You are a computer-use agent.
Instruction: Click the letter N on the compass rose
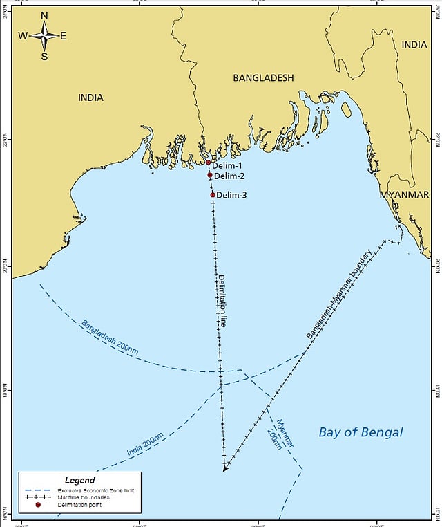[x=44, y=15]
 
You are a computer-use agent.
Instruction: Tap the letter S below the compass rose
[x=44, y=57]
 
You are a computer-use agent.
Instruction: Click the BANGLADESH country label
[x=263, y=78]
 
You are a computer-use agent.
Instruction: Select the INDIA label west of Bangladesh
[x=90, y=98]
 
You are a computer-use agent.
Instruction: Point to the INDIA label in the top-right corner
[x=414, y=44]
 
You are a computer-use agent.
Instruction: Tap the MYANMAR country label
[x=404, y=195]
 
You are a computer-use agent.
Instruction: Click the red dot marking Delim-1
[x=209, y=163]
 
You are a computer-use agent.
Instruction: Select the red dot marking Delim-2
[x=210, y=175]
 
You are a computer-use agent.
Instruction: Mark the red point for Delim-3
[x=213, y=195]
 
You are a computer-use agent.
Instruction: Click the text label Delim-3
[x=232, y=195]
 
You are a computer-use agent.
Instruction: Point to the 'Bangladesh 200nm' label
[x=109, y=337]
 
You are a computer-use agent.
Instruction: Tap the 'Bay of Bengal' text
[x=361, y=433]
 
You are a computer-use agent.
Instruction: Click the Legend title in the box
[x=79, y=480]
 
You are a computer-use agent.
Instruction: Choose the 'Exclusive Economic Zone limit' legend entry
[x=96, y=490]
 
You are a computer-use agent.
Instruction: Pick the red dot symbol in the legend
[x=38, y=505]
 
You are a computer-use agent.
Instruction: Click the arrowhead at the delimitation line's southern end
[x=225, y=468]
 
